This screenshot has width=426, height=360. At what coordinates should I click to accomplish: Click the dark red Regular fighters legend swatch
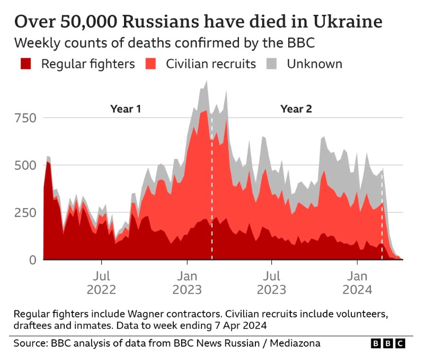point(26,64)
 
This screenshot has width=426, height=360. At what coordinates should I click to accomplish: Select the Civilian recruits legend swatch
point(151,64)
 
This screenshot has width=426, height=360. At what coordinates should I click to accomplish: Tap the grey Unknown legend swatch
point(271,64)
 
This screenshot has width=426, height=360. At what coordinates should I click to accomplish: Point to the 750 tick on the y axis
point(25,118)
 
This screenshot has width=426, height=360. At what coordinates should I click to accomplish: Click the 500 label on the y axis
point(25,165)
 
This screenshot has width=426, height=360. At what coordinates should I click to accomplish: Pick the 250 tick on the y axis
point(25,212)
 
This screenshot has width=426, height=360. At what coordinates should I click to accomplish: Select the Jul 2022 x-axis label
point(101,283)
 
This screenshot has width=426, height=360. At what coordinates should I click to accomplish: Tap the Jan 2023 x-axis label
point(187,283)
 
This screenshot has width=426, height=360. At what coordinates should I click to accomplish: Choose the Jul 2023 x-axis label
point(271,283)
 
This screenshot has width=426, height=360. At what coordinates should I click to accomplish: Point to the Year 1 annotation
point(126,109)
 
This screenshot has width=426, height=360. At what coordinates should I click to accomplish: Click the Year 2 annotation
point(296,109)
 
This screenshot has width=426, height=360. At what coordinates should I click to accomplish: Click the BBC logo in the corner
point(388,344)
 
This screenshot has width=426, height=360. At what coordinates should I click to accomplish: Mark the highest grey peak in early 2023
point(206,82)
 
